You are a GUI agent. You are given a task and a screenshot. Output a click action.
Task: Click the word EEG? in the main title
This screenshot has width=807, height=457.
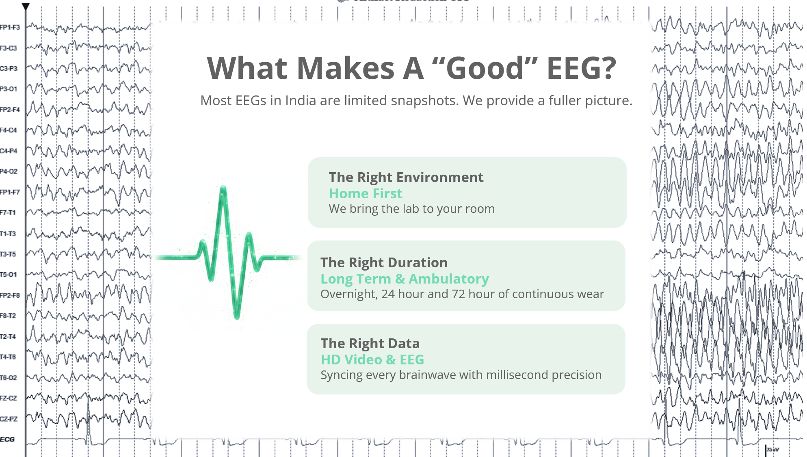click(581, 68)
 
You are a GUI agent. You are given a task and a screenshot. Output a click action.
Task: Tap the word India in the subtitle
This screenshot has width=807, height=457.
click(301, 100)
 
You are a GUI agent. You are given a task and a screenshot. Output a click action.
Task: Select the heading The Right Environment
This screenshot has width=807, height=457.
click(406, 177)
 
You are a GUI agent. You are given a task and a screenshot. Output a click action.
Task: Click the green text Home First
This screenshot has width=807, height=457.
click(366, 193)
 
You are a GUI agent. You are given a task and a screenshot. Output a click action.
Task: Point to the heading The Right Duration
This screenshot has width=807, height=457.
click(384, 262)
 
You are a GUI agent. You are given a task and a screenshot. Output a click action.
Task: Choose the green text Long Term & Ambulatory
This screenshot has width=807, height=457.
click(405, 279)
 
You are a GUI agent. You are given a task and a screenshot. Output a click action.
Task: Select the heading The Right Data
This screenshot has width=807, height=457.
click(370, 343)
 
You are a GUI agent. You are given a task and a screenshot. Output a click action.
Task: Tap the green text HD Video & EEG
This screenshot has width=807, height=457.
click(372, 360)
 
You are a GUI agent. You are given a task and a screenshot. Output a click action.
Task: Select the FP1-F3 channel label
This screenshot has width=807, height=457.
click(10, 27)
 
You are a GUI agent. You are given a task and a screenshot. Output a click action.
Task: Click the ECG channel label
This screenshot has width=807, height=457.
click(7, 439)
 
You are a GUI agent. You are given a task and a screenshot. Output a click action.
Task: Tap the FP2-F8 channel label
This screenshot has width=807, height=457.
click(10, 295)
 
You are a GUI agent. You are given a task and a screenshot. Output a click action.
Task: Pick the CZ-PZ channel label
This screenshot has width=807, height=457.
click(9, 419)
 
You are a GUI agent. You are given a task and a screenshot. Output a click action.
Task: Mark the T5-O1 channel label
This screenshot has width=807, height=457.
click(9, 275)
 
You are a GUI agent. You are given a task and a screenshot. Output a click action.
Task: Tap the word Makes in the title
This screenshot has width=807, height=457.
click(346, 68)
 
